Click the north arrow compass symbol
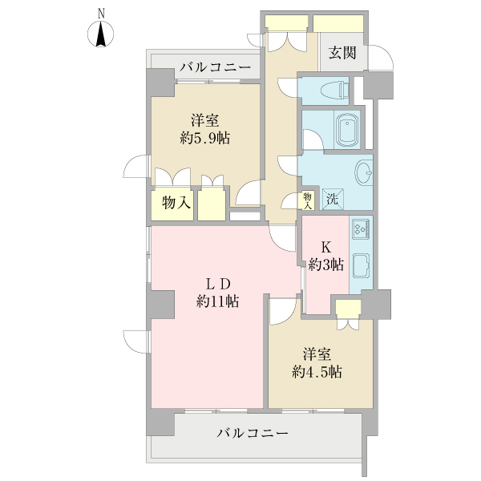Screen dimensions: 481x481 coord(102,34)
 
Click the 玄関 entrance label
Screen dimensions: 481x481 coord(342,54)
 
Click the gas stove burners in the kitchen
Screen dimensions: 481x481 coord(360,228)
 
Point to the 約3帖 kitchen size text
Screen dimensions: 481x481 coord(327,264)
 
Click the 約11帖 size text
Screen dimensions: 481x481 coord(218,301)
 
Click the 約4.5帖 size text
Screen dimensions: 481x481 coord(317,372)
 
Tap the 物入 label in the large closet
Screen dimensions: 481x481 coord(176,204)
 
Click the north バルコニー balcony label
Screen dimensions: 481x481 coord(215,67)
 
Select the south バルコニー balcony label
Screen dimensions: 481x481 coord(253,434)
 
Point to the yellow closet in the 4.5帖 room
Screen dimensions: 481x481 coord(348,309)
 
